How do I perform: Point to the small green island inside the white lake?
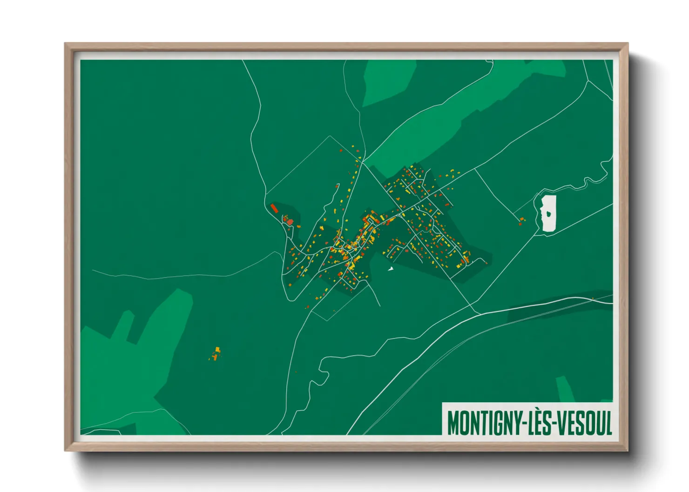tap(550, 214)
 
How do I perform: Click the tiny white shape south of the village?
tap(391, 268)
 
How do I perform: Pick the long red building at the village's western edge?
tap(274, 208)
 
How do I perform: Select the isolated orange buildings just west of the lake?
tap(521, 221)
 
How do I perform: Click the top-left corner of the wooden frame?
tap(65, 44)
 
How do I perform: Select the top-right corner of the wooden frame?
tap(628, 44)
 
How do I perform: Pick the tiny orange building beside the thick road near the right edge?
tap(593, 299)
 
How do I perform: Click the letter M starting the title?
tap(453, 422)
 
